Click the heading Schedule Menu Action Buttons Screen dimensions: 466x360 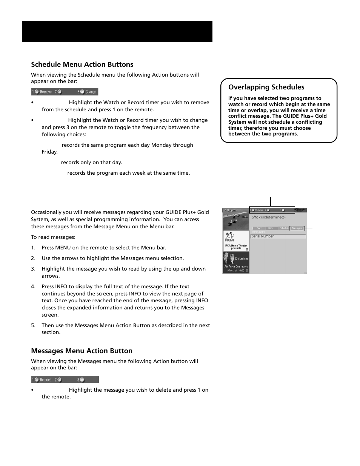point(82,65)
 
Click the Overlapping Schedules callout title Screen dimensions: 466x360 point(266,87)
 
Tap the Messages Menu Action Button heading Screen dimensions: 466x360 point(82,351)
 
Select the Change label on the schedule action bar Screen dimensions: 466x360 point(91,92)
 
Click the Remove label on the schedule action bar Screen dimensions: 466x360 point(46,92)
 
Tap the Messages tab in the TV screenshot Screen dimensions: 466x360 point(297,228)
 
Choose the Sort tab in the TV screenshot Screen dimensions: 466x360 point(259,228)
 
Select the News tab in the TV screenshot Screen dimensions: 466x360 point(271,228)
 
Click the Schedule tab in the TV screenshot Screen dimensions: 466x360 point(284,228)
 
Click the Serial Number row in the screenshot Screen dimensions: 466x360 point(278,236)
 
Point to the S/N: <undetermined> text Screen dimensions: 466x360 point(268,217)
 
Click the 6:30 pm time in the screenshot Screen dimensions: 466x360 point(230,210)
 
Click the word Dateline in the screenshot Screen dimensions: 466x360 point(242,258)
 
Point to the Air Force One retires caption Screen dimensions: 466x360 point(236,266)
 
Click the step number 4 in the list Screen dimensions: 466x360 point(33,287)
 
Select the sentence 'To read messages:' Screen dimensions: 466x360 point(53,237)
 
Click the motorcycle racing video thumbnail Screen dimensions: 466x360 point(236,220)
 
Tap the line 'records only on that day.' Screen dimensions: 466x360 point(91,162)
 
